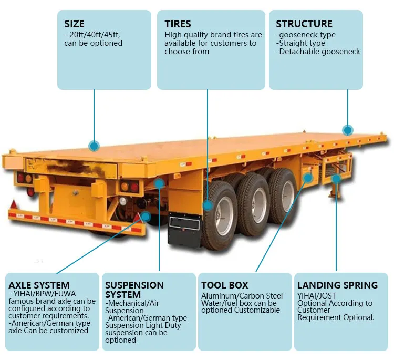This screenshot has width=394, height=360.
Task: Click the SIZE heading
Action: pos(74,24)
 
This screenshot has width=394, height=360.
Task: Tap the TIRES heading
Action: pos(178,24)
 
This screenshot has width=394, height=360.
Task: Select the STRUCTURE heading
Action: pos(304,24)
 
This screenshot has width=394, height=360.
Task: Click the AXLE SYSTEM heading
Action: pos(39,285)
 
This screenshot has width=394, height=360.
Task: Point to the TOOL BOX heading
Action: pos(225,285)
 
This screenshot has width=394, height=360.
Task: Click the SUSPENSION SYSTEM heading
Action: pos(134,290)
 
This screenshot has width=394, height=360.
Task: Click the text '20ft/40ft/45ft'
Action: pos(95,35)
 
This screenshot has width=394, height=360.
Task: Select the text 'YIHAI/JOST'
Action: pos(317,296)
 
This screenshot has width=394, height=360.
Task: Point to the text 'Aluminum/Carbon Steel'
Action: pos(242,296)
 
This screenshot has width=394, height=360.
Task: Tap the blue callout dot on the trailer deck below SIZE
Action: pos(94,146)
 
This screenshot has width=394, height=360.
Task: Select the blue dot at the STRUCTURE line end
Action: pos(347,130)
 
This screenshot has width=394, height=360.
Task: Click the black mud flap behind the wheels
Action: pos(184,230)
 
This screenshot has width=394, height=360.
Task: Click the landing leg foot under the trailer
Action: pos(333,197)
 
